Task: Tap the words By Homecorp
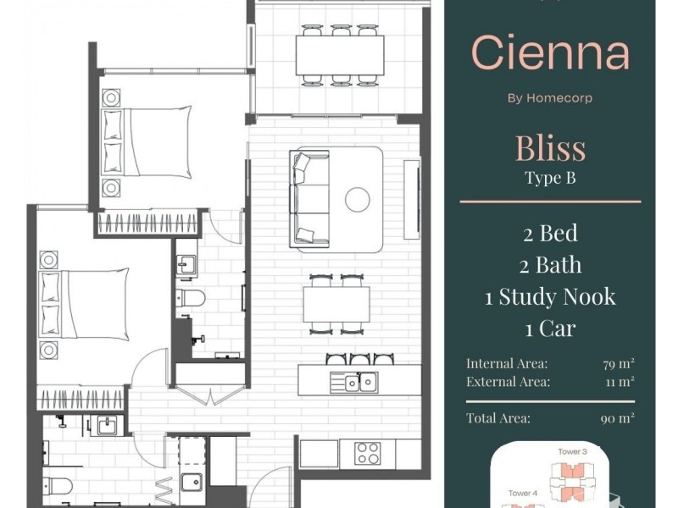[x=550, y=98]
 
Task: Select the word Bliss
[x=550, y=148]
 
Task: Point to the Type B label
[x=550, y=178]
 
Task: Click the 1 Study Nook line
[x=550, y=297]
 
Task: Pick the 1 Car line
[x=550, y=329]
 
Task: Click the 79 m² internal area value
[x=619, y=364]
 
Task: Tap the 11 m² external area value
[x=620, y=382]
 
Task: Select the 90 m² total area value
[x=618, y=418]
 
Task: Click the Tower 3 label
[x=572, y=452]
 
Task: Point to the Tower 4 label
[x=523, y=493]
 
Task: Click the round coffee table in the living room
[x=358, y=200]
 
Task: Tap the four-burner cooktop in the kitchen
[x=368, y=453]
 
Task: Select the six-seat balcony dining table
[x=340, y=55]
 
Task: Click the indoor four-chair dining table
[x=336, y=304]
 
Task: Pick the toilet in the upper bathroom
[x=191, y=298]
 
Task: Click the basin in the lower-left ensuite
[x=107, y=426]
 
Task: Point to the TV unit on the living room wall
[x=412, y=200]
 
